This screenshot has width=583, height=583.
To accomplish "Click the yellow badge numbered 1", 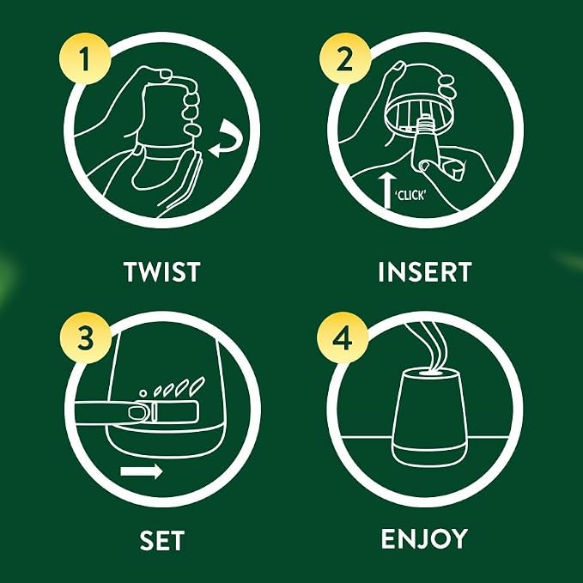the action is coord(85,58).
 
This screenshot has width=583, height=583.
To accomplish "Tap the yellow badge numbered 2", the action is coord(345,58).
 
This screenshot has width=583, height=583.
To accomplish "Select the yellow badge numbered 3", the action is coord(86,337).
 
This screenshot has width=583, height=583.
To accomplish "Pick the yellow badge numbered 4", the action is coord(343,338).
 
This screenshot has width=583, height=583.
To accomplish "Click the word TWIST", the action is coord(162,272).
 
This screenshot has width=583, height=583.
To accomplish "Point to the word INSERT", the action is coord(425,272).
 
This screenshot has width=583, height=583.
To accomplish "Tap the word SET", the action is coord(162,540).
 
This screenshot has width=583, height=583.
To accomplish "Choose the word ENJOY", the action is coord(424,538).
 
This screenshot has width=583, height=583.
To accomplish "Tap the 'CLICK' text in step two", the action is coord(410,195).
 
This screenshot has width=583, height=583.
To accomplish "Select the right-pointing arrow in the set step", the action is coord(142,471).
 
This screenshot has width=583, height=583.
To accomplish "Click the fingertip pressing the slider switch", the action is coord(138,413).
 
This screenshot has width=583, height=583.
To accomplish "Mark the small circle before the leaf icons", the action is coord(143,393).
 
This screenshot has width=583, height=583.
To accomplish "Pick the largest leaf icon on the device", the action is coord(197,386).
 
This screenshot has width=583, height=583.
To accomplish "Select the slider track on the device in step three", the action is coord(175,412).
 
